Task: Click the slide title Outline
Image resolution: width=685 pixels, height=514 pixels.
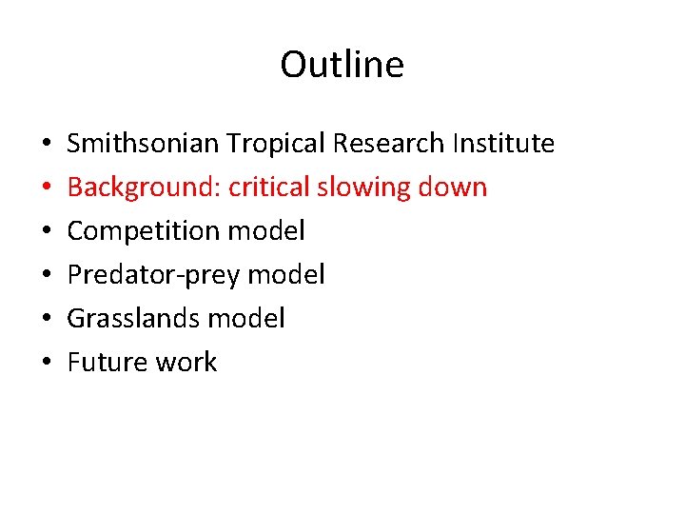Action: (342, 65)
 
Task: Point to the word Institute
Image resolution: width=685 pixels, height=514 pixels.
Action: (503, 144)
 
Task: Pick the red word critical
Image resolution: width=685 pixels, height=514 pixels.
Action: (269, 188)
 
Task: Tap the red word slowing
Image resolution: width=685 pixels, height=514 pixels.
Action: (365, 188)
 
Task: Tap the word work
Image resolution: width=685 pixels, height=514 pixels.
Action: (186, 363)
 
